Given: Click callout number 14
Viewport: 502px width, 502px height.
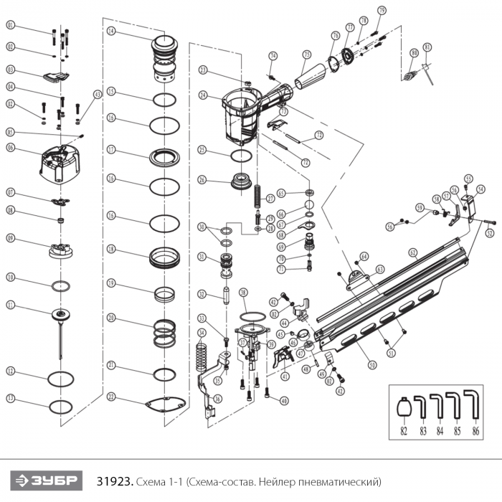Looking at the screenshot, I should coord(111,32).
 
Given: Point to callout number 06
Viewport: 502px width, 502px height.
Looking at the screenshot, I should coord(11,147).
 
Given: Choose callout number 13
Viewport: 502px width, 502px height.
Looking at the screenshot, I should coord(11,398).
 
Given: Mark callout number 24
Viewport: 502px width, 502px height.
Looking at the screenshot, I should coord(204,95).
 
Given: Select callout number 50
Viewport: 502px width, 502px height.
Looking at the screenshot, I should coord(372,365).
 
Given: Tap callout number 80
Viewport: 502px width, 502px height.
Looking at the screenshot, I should coord(414,52).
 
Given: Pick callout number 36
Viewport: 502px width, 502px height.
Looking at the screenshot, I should coord(218,399).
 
